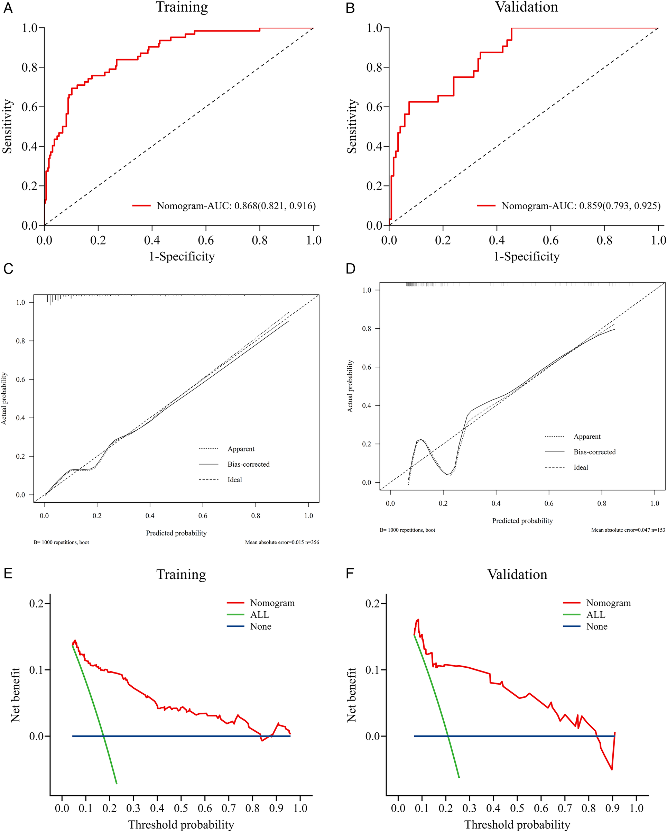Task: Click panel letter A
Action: coord(8,8)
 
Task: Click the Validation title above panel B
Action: coord(526,7)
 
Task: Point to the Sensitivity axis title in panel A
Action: coord(7,127)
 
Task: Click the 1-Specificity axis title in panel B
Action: coord(526,257)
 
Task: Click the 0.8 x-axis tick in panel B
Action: coord(604,240)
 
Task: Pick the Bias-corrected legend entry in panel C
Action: coord(248,464)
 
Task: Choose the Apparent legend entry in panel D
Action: coord(587,437)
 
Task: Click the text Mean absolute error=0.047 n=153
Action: coord(628,530)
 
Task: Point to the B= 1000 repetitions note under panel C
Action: coord(61,542)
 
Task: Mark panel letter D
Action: coord(350,268)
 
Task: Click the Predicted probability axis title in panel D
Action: coord(522,521)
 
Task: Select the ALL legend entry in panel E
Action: coord(259,614)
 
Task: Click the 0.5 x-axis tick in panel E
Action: coord(181,808)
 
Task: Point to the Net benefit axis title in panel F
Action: coord(351,695)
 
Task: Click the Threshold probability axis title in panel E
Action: coord(181,825)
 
